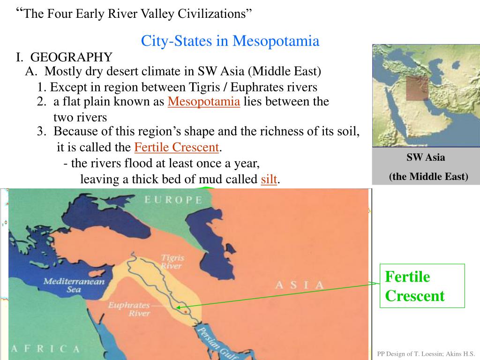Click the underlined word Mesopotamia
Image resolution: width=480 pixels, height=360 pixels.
204,102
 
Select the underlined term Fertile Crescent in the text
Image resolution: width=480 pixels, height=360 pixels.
177,147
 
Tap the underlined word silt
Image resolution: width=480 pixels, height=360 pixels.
269,179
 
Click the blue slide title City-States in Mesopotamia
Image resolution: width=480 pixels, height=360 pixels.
230,41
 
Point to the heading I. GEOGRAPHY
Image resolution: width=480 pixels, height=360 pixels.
64,57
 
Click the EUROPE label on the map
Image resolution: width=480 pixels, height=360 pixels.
173,200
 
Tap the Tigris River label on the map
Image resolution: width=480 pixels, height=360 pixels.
172,262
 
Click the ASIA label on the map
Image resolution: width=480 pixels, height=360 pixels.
300,285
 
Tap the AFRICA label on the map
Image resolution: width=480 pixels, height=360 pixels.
45,349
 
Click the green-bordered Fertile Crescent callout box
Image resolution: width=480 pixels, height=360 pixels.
422,286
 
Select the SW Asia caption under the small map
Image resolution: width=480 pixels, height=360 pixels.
426,157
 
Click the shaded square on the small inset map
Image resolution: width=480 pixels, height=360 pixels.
417,88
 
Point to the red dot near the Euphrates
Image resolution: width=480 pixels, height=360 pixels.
187,311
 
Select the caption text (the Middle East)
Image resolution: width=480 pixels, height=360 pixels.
428,176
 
